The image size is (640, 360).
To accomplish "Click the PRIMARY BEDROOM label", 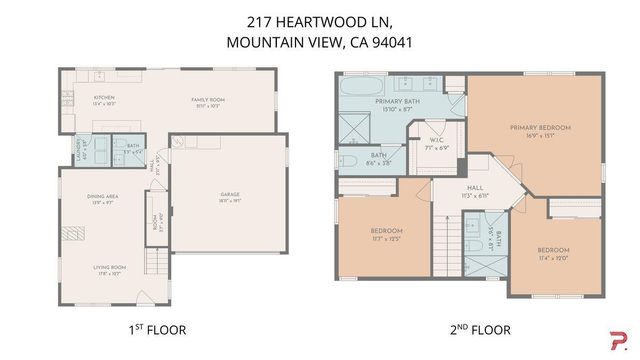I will pos(540,128).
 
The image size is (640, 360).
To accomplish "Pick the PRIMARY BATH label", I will pos(396,102).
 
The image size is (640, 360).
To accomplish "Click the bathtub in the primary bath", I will pos(358,98).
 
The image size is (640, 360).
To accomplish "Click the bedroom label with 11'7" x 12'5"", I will pos(386,231).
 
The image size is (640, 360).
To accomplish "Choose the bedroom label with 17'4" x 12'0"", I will pos(553,250).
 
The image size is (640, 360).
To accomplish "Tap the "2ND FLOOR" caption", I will pos(472,329).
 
